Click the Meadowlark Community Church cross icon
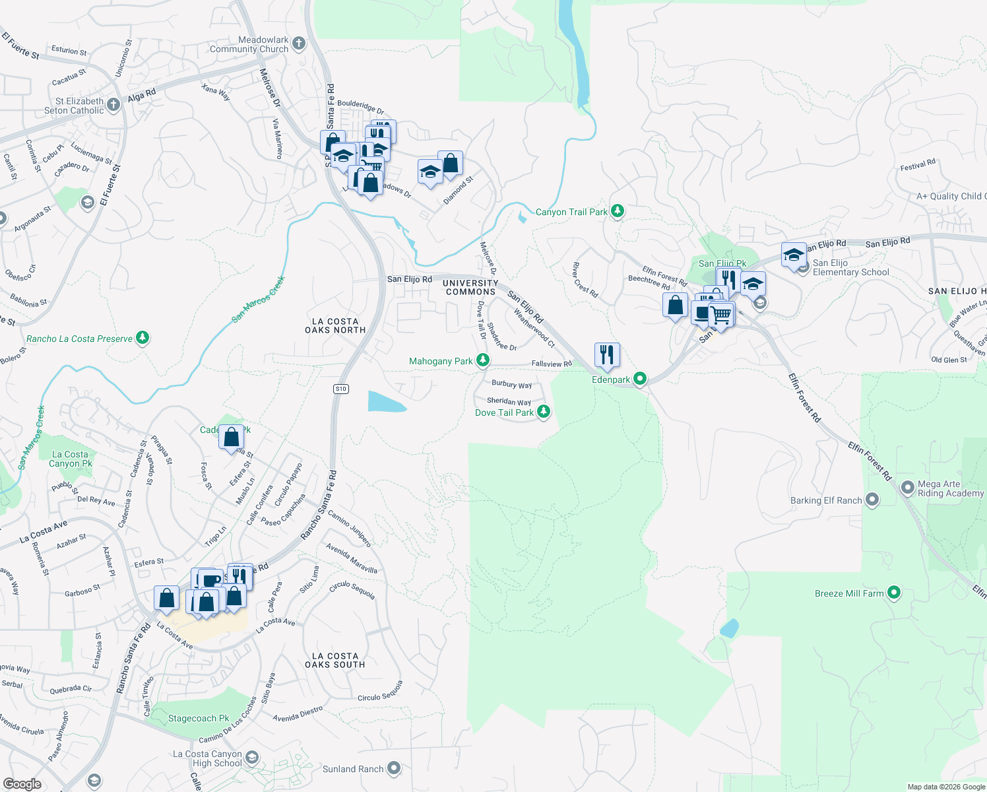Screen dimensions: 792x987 point(299,44)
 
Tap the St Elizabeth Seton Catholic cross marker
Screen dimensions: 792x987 point(113,104)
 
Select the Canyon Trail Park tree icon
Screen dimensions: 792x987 point(617,211)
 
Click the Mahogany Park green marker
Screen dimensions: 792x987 point(483,360)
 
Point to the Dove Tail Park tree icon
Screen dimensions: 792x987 point(543,412)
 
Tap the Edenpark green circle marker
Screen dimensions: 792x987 point(639,379)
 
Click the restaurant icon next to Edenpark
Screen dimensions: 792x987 point(606,355)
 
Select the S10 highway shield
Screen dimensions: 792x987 point(340,389)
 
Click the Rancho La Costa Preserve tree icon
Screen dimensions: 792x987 point(143,338)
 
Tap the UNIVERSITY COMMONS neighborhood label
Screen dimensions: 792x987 point(470,287)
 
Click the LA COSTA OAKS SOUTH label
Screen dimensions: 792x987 point(335,660)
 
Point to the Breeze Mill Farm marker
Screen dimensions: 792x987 point(894,593)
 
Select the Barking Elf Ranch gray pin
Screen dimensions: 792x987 point(872,500)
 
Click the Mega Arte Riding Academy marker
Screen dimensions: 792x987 point(908,488)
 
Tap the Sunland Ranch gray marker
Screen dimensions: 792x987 point(394,768)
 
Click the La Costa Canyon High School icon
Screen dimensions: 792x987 point(251,757)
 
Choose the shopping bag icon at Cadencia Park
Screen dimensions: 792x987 point(232,438)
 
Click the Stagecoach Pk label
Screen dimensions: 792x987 point(199,718)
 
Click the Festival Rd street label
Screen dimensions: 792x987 point(918,164)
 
